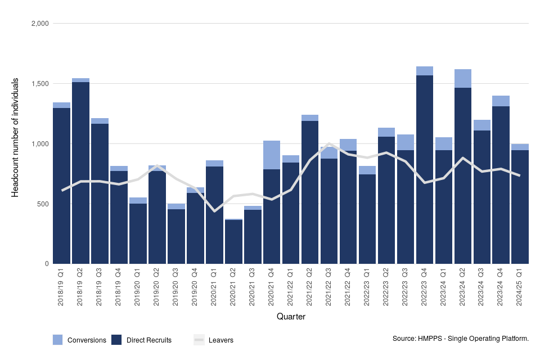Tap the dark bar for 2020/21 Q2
233,242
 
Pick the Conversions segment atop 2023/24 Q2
463,78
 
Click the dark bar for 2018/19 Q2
81,169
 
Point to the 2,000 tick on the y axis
41,24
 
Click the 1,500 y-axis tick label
41,84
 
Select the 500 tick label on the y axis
44,204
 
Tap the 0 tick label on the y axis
47,264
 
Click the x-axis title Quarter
291,317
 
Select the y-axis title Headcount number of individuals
16,138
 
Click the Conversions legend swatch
58,340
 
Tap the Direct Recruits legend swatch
117,340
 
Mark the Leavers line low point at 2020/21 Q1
214,211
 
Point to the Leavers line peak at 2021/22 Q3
329,143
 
